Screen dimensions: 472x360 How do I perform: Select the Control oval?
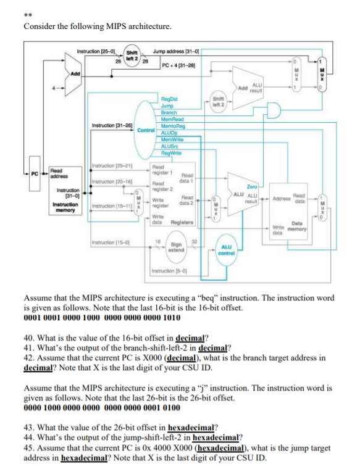143,130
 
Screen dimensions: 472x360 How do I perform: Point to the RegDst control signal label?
169,98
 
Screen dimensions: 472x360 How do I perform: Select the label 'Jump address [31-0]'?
175,49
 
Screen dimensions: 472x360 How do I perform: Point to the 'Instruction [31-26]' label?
110,126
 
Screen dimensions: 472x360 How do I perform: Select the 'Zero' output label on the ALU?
251,185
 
